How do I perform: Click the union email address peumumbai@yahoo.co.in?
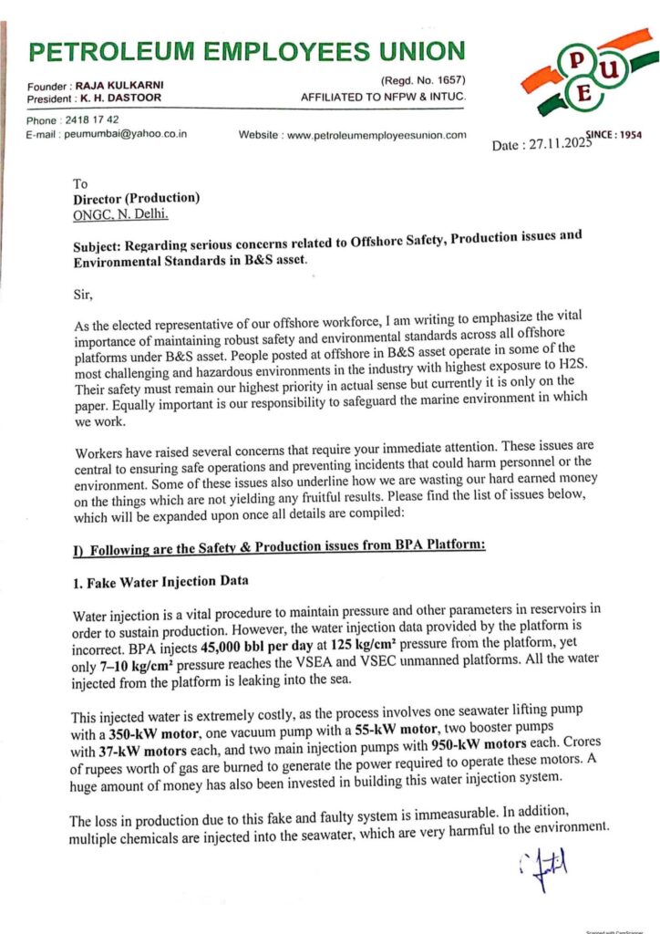pos(124,134)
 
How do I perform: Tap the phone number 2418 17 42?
pos(90,120)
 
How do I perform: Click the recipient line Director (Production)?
pos(137,198)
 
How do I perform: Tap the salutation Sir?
pos(82,295)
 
